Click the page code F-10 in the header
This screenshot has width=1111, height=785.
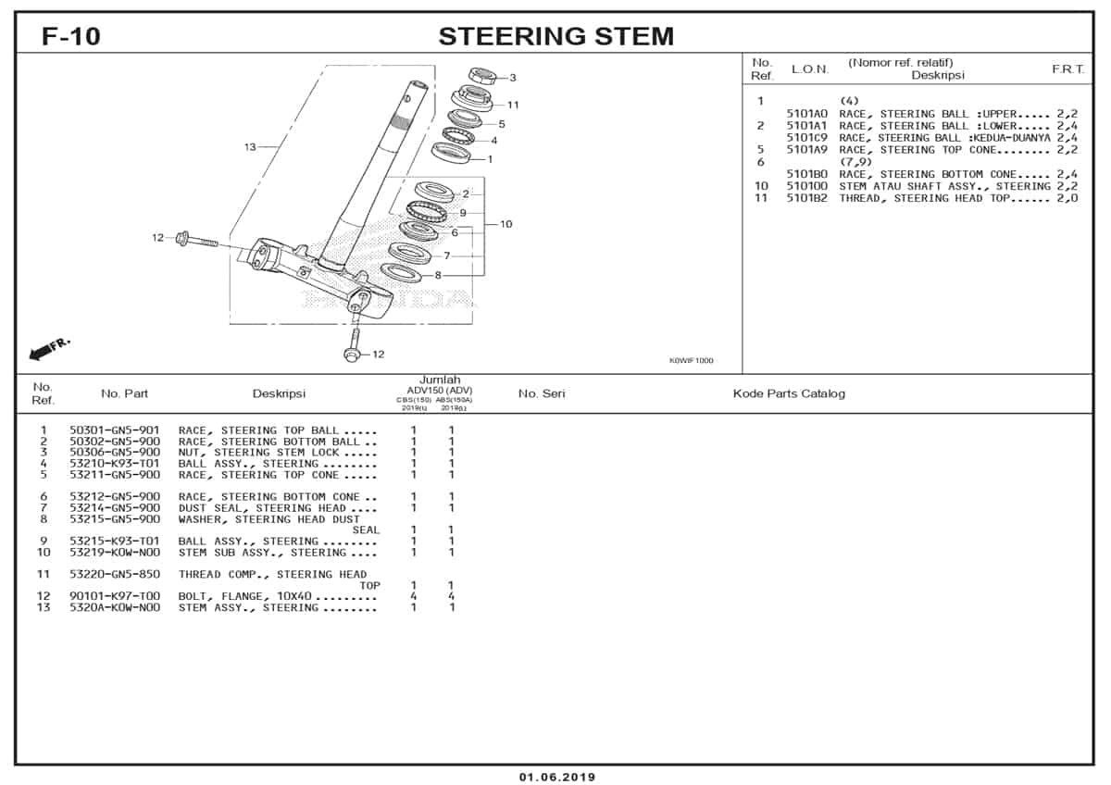pyautogui.click(x=71, y=36)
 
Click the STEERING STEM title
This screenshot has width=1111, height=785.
pyautogui.click(x=555, y=36)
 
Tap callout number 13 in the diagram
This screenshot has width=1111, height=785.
pyautogui.click(x=250, y=147)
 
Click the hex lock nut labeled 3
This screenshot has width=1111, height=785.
pyautogui.click(x=481, y=75)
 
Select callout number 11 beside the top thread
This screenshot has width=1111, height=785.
pyautogui.click(x=513, y=105)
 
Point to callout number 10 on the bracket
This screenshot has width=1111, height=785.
pyautogui.click(x=506, y=224)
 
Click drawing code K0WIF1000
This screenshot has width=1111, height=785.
pyautogui.click(x=691, y=361)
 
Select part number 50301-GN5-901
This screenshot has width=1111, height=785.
pyautogui.click(x=114, y=430)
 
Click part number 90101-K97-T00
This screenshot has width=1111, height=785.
pyautogui.click(x=114, y=596)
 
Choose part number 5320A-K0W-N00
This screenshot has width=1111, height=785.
pyautogui.click(x=114, y=607)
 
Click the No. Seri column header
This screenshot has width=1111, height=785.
pyautogui.click(x=542, y=393)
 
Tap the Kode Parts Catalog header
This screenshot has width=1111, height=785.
pyautogui.click(x=789, y=393)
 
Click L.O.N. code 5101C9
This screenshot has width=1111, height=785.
pyautogui.click(x=806, y=138)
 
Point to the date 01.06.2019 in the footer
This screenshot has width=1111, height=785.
pyautogui.click(x=556, y=777)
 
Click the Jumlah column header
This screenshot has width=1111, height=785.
pyautogui.click(x=440, y=380)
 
